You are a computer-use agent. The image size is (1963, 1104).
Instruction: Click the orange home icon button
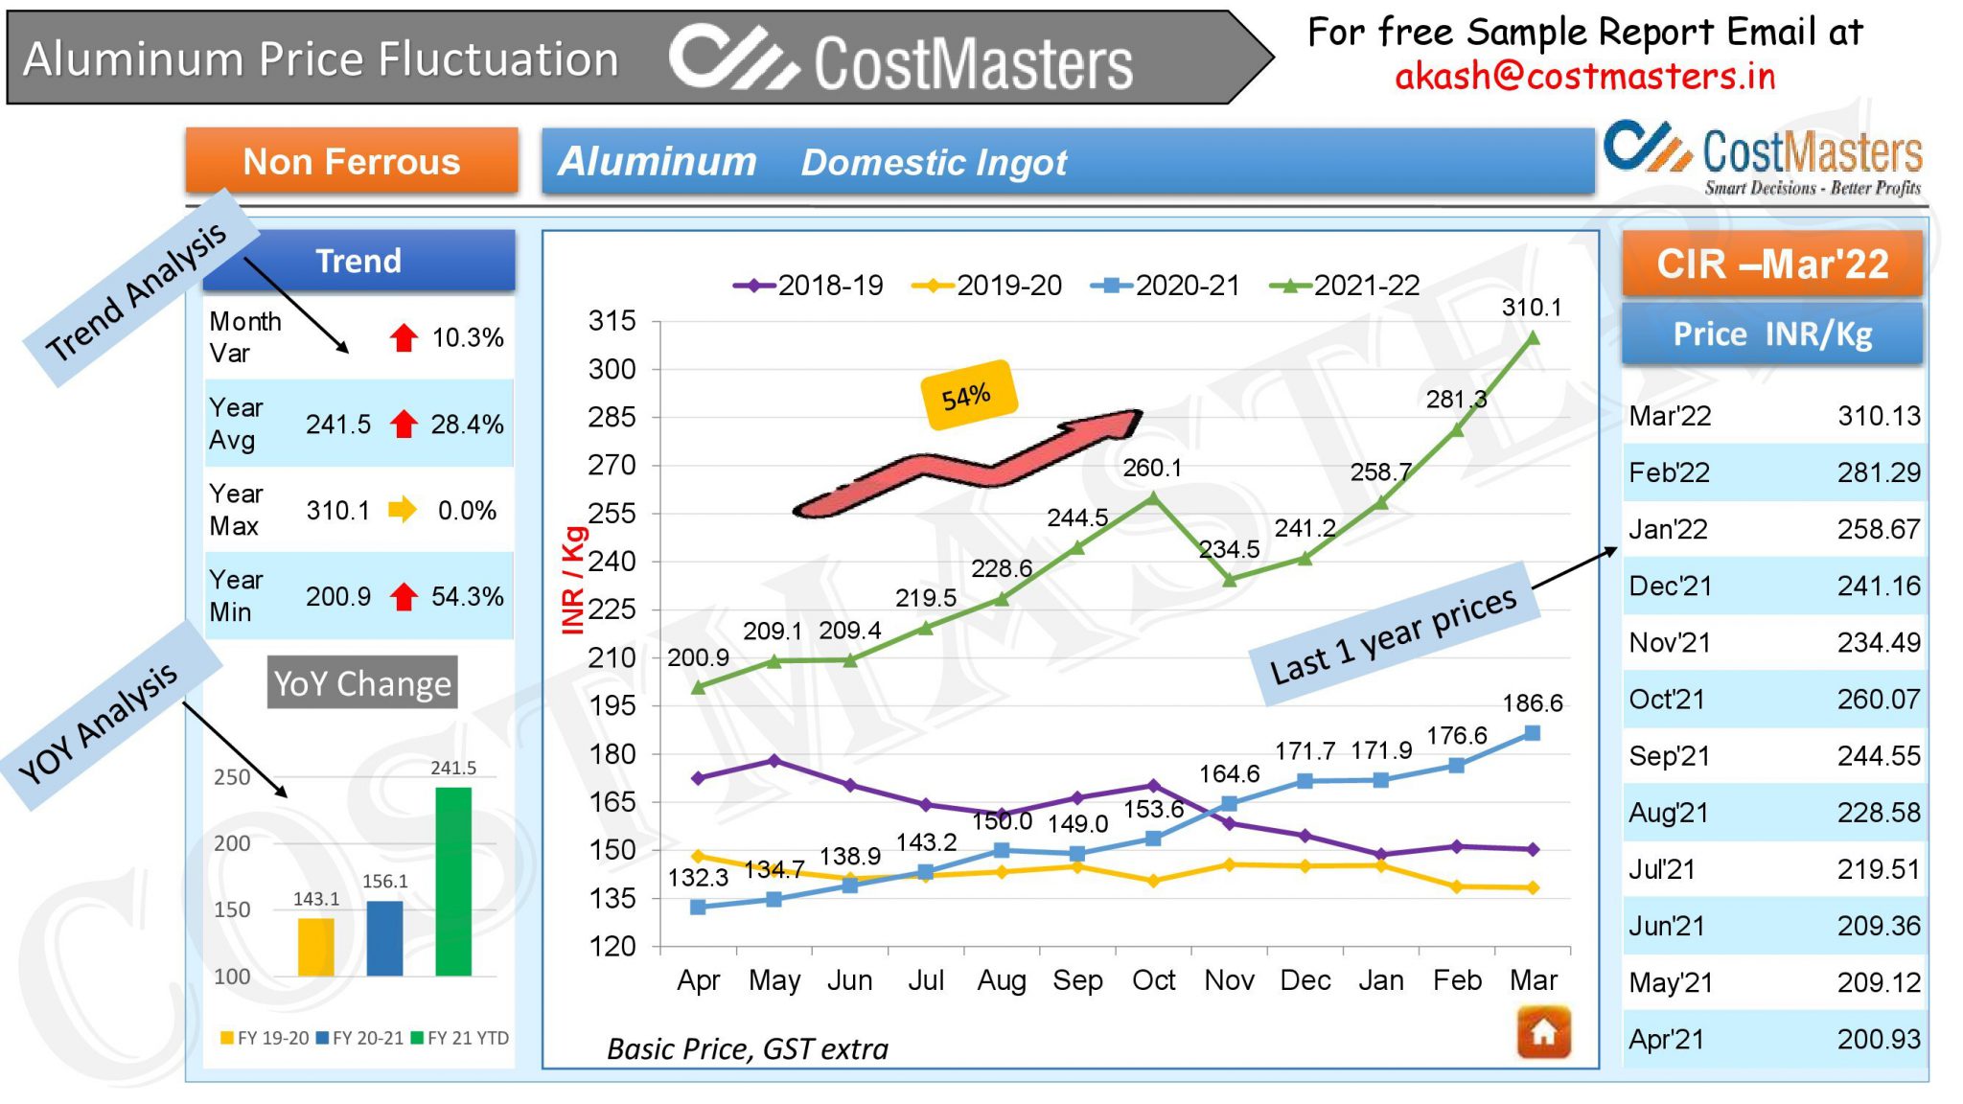[1543, 1032]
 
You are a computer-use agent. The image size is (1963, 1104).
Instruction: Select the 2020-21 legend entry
[1166, 285]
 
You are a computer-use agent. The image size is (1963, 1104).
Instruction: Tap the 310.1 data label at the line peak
[1531, 308]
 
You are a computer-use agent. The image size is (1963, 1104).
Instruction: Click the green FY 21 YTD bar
[453, 881]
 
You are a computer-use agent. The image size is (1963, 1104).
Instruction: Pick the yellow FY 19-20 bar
[315, 947]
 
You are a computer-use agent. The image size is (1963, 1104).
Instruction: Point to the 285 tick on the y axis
[612, 417]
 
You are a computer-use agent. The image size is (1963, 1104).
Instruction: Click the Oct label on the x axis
[1153, 980]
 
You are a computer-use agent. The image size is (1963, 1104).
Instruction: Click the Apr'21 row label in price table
[1667, 1039]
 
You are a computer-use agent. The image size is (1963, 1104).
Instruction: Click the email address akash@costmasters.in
[1584, 76]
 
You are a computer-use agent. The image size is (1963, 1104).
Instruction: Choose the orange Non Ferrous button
[352, 161]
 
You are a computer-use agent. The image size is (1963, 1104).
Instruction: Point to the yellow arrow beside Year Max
[403, 510]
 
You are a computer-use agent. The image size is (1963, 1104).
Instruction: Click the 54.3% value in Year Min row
[467, 596]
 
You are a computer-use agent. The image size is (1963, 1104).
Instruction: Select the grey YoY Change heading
[362, 683]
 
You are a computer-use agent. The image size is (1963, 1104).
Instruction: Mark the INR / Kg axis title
[572, 580]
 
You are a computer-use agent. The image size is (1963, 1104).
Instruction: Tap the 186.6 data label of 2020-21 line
[1532, 703]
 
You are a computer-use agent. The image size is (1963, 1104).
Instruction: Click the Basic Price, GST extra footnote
[748, 1049]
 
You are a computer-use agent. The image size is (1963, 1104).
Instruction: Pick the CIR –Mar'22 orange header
[1771, 264]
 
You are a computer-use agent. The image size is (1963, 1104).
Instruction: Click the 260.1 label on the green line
[1152, 468]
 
